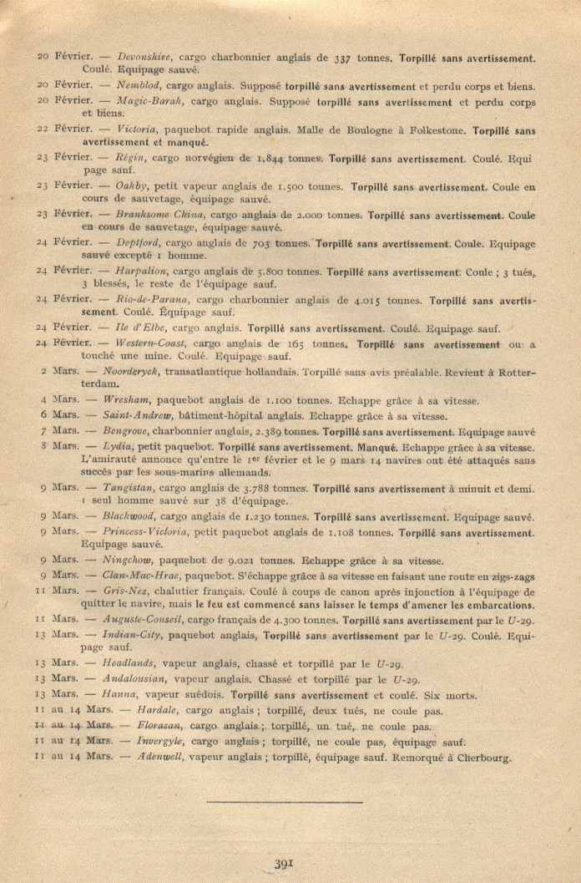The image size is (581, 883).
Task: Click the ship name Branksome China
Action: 158,215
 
